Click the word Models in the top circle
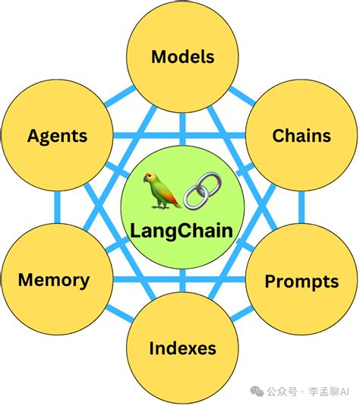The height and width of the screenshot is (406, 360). pyautogui.click(x=183, y=56)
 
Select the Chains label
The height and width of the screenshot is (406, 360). pyautogui.click(x=302, y=136)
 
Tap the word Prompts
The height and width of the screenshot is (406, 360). pyautogui.click(x=302, y=282)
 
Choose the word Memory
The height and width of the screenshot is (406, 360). pyautogui.click(x=54, y=280)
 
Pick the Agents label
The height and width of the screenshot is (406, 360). pyautogui.click(x=57, y=137)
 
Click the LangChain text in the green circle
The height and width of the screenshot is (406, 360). pyautogui.click(x=183, y=229)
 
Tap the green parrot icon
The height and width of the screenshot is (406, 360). pyautogui.click(x=163, y=189)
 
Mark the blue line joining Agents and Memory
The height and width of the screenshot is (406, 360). pyautogui.click(x=56, y=208)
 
